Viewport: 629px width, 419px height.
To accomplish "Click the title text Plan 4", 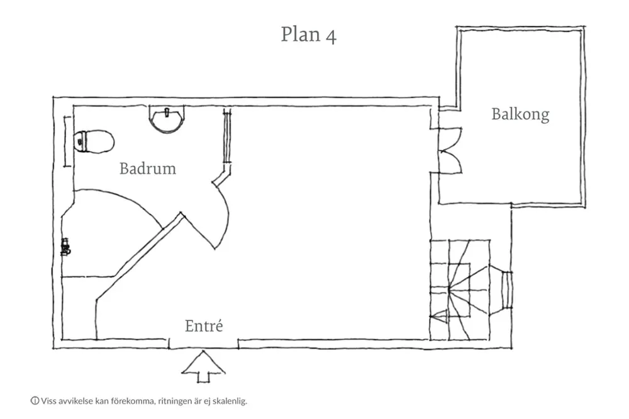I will coord(308,35).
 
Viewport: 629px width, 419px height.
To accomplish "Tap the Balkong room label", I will coord(520,115).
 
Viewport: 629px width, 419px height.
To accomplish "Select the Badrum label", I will coord(148,169).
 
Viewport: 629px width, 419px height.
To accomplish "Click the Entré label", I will coord(204,327).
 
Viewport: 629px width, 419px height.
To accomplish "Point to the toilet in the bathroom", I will coord(94,142).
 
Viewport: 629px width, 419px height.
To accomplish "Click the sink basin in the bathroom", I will coord(167,119).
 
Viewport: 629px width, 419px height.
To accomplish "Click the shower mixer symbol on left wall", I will coord(65,246).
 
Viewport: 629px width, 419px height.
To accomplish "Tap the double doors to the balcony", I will coord(449,150).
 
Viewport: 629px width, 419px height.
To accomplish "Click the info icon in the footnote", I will coord(35,400).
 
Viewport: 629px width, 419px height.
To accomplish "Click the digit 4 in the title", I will coord(330,35).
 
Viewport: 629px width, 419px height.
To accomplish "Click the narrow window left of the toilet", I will coord(67,142).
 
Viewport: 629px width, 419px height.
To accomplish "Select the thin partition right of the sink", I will coord(227,138).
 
